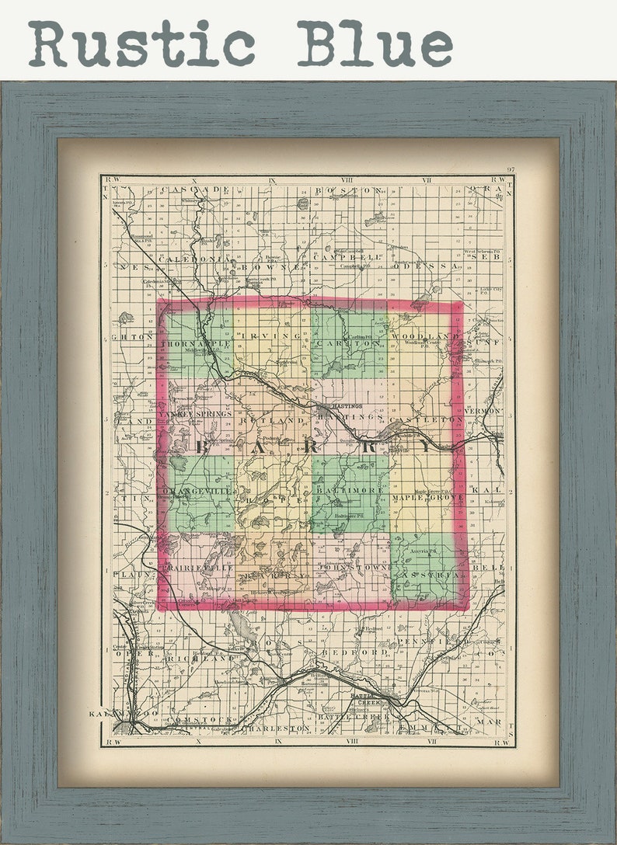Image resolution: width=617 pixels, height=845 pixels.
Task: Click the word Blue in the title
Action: pos(375,44)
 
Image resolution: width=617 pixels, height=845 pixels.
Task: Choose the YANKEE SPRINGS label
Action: pos(195,414)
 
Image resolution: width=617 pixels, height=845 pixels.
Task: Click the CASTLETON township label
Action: pos(427,420)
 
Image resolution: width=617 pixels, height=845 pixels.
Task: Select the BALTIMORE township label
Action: pos(349,491)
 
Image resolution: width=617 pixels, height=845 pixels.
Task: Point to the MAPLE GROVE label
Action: pos(427,497)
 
